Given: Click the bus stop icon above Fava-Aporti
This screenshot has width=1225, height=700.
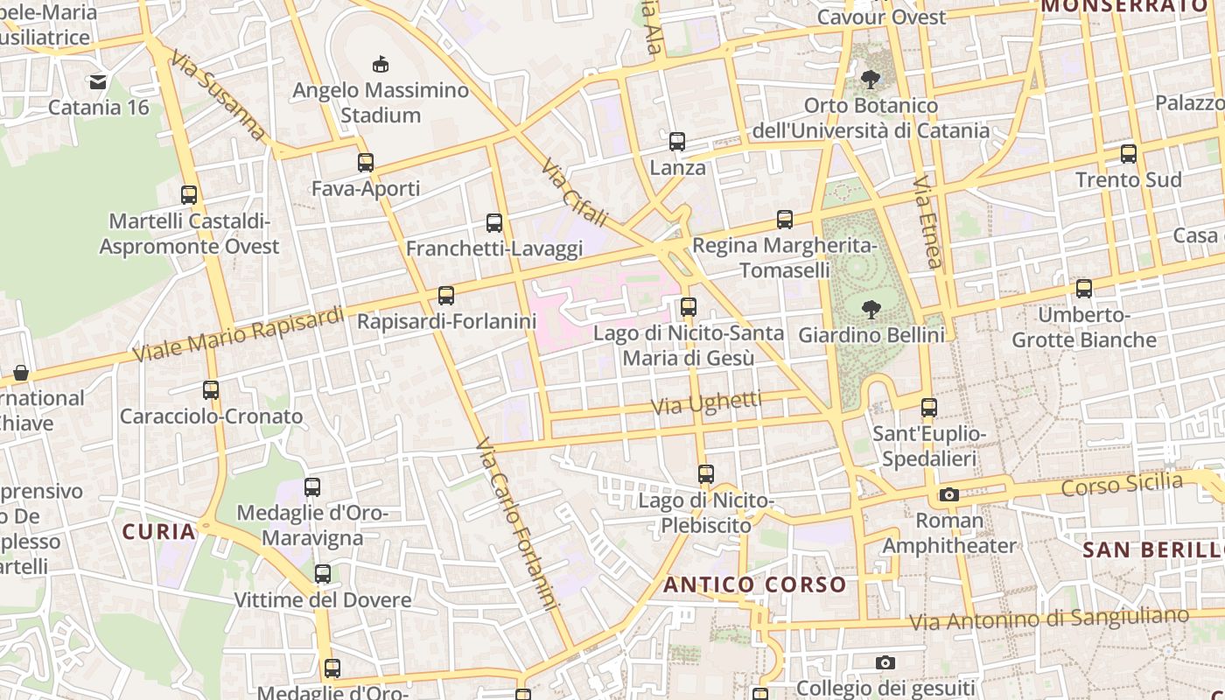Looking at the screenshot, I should (x=366, y=162).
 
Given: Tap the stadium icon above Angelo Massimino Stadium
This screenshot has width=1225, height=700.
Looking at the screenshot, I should (x=381, y=64).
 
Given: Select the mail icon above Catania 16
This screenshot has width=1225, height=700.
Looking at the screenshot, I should (x=98, y=82).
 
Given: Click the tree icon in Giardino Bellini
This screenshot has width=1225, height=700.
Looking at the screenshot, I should (x=871, y=309).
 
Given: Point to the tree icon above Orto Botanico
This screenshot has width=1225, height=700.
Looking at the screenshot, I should (x=871, y=80).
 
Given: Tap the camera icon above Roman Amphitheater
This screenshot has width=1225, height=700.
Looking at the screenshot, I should (x=949, y=494).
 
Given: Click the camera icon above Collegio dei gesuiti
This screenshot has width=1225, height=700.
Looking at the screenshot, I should (x=885, y=662).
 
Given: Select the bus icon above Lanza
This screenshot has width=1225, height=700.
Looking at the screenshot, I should (x=677, y=141).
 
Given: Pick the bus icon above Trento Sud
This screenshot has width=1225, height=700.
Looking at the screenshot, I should (x=1129, y=154).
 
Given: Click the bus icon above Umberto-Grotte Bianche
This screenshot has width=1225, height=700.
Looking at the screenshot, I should (x=1084, y=288).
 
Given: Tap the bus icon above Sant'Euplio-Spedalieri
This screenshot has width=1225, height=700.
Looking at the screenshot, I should (x=929, y=407).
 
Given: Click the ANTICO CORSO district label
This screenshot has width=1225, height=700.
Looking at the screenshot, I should (x=755, y=584).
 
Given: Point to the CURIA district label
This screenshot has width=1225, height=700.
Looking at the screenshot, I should (x=158, y=531).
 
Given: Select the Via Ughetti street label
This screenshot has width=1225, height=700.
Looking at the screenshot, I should (x=708, y=403).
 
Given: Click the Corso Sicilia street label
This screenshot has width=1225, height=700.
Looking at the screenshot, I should (x=1122, y=484).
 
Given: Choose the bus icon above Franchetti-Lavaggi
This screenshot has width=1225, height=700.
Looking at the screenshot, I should (x=494, y=222).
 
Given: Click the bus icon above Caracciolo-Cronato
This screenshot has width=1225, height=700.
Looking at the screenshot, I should (x=211, y=390).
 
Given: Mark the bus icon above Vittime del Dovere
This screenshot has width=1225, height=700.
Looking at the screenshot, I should (x=323, y=574).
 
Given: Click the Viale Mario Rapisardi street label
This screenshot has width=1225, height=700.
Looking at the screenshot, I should (x=238, y=334).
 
